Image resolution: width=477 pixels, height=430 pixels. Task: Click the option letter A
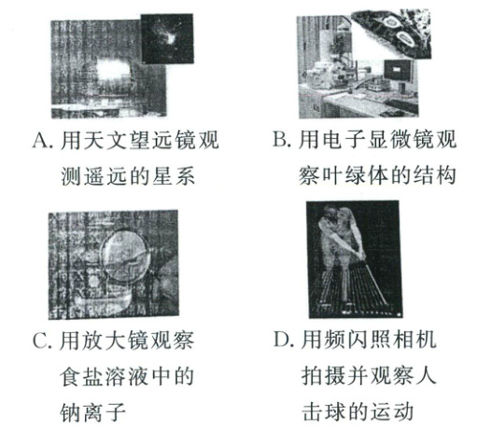40,141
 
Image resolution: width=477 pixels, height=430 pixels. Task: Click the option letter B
279,139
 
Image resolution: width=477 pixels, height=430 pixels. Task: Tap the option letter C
41,341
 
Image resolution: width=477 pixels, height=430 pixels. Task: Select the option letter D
282,340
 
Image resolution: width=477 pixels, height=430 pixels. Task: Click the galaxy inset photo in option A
167,38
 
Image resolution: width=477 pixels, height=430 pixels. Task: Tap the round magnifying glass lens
125,256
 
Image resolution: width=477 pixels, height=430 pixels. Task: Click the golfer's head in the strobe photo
330,214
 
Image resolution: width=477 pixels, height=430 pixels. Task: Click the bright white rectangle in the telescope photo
113,70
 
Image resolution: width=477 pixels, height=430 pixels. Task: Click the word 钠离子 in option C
92,412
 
